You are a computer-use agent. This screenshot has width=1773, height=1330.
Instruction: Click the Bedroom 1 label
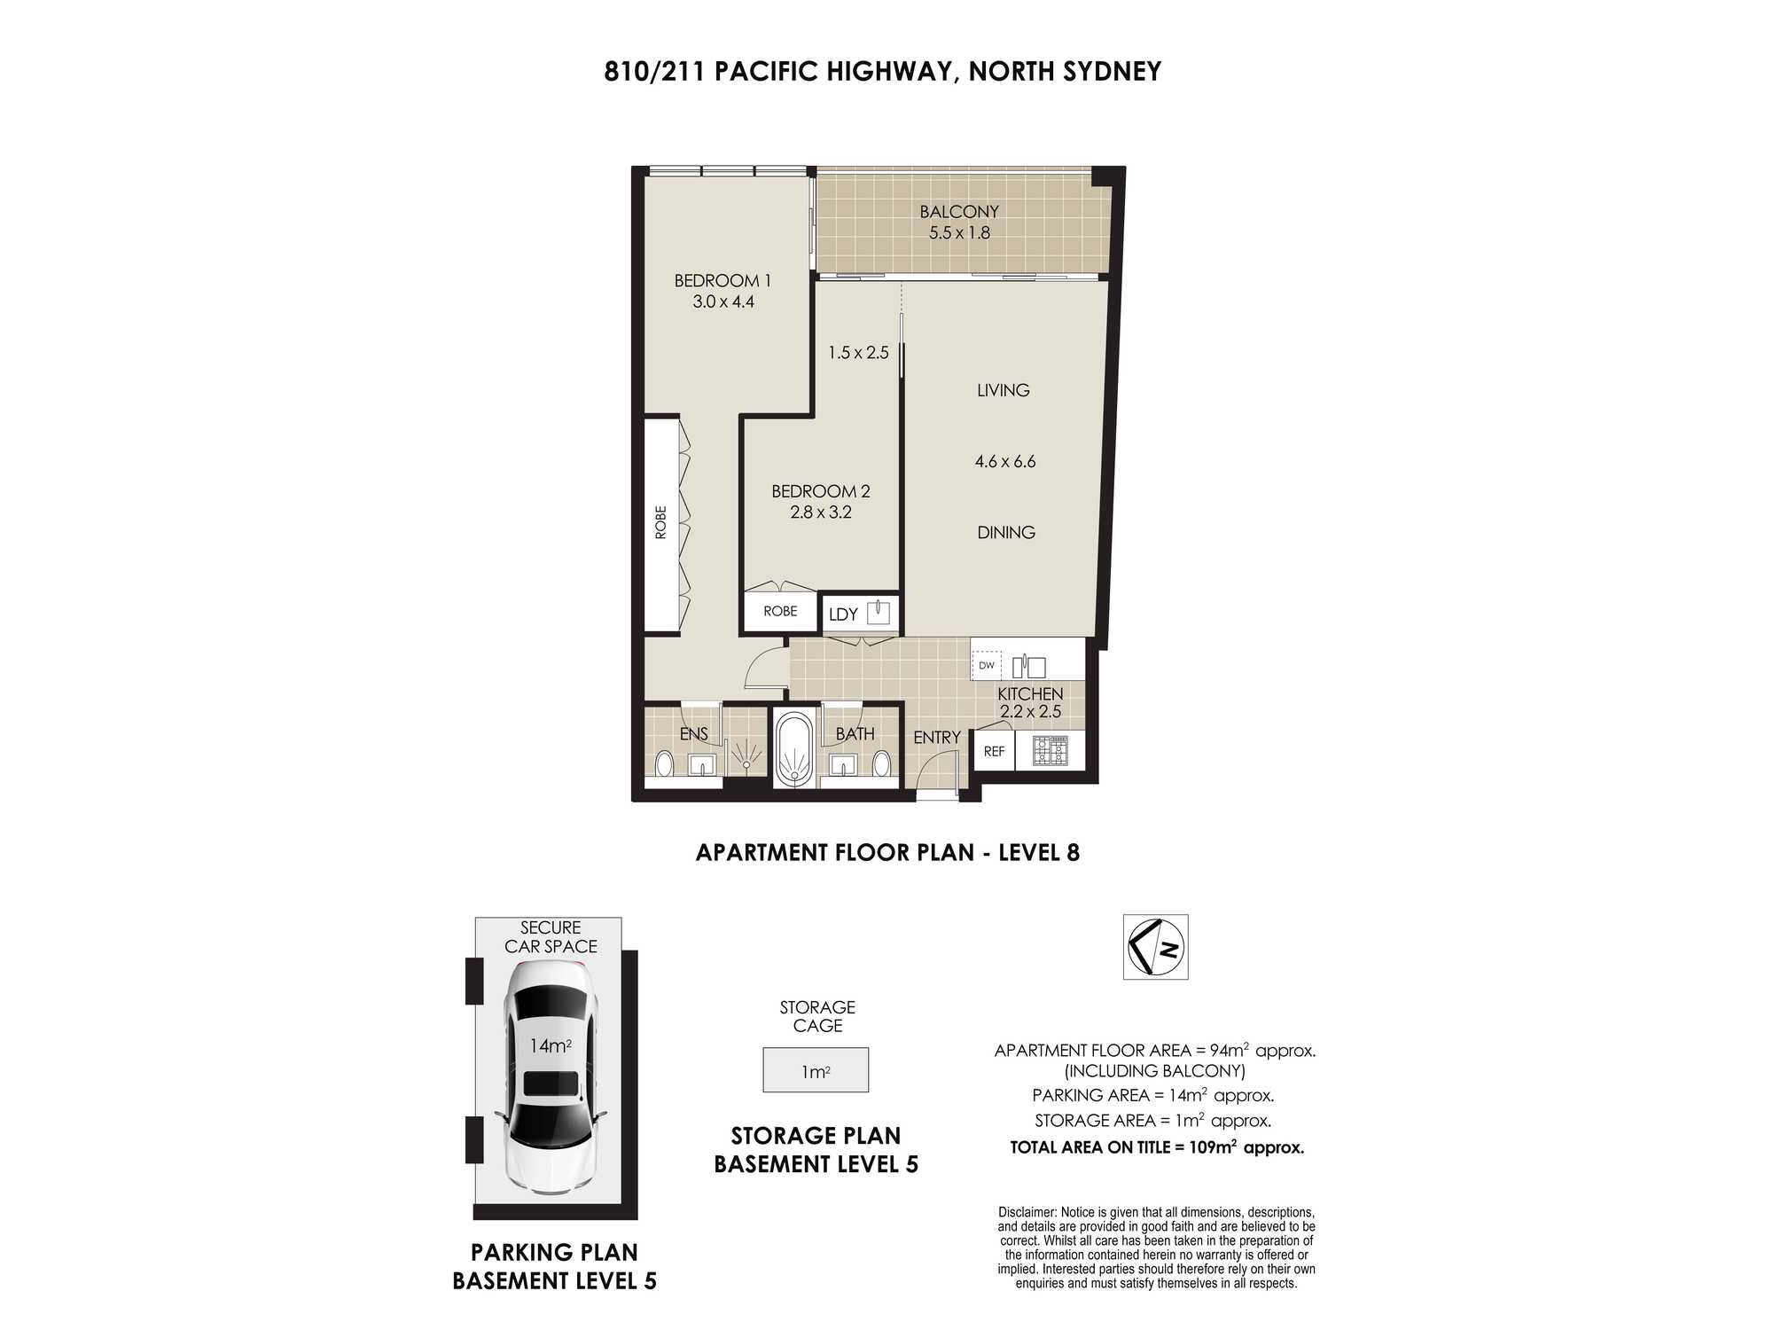point(722,281)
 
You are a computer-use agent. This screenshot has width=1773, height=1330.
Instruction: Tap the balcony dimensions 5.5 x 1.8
point(959,233)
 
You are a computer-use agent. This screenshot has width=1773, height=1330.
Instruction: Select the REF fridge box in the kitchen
point(994,751)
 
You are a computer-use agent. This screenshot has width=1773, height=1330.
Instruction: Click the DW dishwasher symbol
point(987,665)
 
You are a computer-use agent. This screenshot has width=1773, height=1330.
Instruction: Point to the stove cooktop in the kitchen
point(1051,750)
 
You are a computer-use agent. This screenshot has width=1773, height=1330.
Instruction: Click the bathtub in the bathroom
point(793,749)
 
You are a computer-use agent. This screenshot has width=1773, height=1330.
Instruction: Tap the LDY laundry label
point(843,614)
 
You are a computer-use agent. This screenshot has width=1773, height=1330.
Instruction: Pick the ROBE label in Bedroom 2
point(780,611)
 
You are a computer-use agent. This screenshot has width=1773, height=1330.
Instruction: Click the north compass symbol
point(1155,947)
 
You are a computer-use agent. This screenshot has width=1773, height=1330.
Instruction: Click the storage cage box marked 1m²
point(816,1070)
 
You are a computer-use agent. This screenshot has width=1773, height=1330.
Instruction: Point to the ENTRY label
point(937,738)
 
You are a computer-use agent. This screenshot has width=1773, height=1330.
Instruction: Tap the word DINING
point(1006,533)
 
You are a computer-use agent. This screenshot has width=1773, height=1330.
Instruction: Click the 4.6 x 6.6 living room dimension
point(1005,462)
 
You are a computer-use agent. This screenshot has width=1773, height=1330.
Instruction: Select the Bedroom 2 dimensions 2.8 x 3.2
point(821,512)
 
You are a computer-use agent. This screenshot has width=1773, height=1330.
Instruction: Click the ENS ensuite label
point(693,734)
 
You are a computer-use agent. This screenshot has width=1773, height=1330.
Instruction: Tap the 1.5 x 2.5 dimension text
point(858,353)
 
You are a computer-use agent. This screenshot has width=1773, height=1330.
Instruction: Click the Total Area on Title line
point(1157,1147)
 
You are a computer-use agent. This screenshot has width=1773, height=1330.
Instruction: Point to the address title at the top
point(883,72)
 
